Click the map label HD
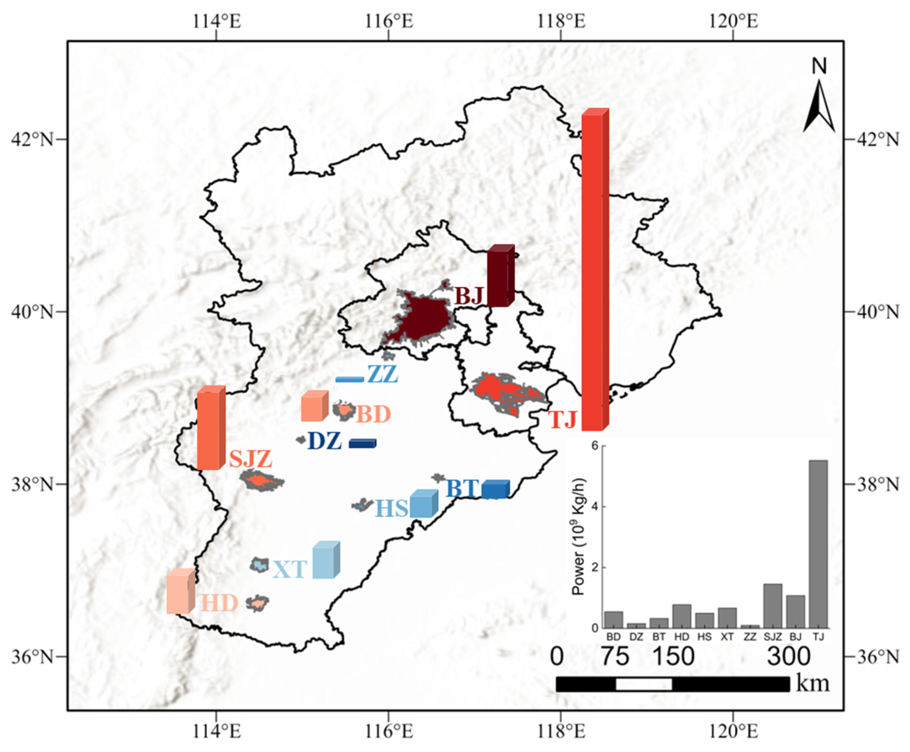pos(219,603)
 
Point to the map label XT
pos(290,569)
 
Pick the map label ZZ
pos(382,375)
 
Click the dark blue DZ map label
pos(324,441)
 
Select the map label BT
pos(462,489)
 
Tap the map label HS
pos(391,508)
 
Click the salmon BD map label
pos(374,415)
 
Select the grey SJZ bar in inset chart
pos(773,605)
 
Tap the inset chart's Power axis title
pos(579,537)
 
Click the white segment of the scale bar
pos(644,684)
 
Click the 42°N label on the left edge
pos(33,139)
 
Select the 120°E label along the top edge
pos(734,21)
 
